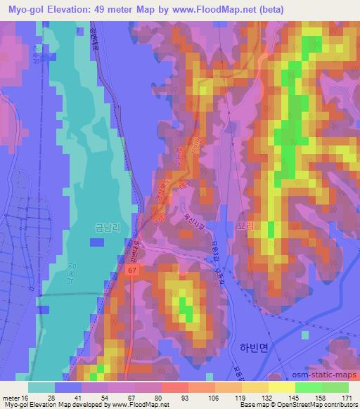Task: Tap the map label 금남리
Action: point(107,228)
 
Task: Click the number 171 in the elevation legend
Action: point(347,398)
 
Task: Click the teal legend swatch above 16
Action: point(41,387)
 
